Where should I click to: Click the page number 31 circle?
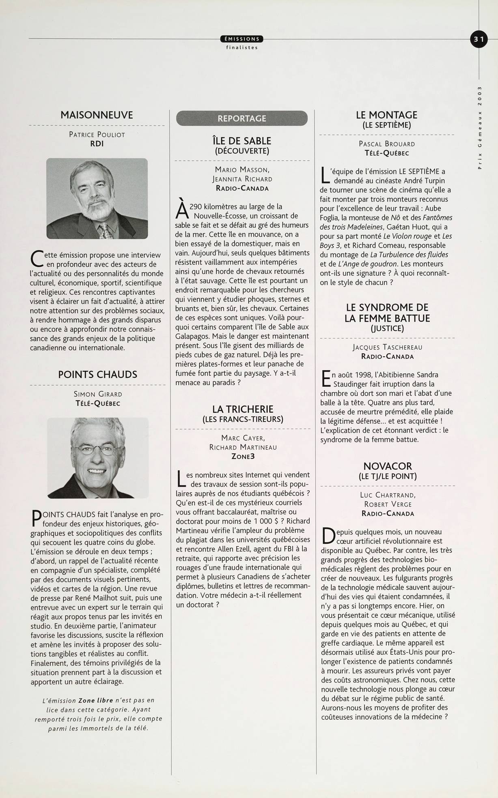479,39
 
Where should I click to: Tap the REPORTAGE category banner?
242,118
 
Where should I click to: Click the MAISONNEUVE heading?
97,115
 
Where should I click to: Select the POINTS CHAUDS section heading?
97,374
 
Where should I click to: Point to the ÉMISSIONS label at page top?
242,39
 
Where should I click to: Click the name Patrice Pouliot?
97,135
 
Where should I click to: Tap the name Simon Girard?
98,394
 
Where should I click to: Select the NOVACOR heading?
388,466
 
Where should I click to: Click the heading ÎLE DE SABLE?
242,141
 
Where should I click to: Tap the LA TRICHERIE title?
243,409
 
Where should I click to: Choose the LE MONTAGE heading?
386,115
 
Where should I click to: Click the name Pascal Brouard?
387,144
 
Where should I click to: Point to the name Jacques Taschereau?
387,347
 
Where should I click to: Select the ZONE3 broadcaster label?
243,456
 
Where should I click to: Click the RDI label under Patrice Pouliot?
97,144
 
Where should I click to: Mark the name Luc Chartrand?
388,495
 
